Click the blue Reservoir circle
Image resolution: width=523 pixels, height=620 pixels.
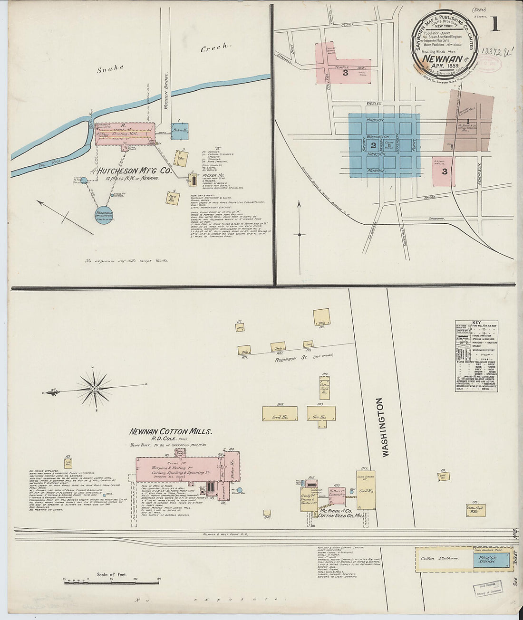(104, 215)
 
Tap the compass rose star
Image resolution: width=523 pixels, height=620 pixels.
(95, 389)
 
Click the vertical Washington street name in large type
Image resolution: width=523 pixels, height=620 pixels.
(385, 428)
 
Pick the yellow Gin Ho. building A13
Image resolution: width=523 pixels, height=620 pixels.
(321, 413)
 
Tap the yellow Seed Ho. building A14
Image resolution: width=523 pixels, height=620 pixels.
(279, 413)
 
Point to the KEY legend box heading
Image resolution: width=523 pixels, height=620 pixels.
(476, 323)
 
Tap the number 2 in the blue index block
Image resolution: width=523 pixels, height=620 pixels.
(373, 145)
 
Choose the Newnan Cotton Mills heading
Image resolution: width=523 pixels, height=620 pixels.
(171, 432)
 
